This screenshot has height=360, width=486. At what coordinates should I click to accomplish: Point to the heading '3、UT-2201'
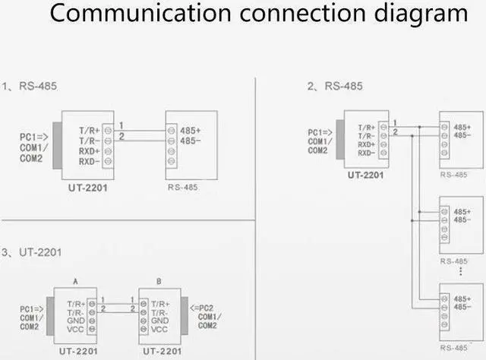[31, 251]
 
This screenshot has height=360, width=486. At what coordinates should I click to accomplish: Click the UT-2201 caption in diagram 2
[365, 174]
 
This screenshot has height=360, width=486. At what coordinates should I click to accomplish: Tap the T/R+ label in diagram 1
[90, 130]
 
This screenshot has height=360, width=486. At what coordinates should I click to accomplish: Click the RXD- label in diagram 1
[90, 160]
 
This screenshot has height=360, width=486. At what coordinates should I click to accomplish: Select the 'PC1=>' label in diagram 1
[34, 137]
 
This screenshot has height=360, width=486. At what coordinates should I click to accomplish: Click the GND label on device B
[159, 321]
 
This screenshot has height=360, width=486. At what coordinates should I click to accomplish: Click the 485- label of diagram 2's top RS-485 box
[462, 135]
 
